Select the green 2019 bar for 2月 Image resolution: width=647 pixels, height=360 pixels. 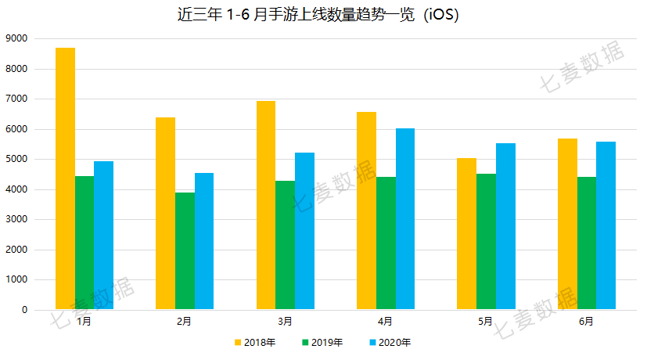click(x=185, y=250)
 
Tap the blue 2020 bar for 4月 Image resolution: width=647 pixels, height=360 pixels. click(x=404, y=219)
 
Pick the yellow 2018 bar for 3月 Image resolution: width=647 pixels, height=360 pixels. click(x=266, y=205)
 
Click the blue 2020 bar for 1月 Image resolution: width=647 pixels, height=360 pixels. click(x=103, y=235)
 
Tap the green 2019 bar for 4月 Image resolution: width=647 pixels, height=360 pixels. click(x=386, y=243)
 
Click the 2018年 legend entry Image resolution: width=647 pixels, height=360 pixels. click(x=255, y=342)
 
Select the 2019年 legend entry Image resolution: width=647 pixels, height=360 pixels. click(x=322, y=342)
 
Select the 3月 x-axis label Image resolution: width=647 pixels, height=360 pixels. click(x=285, y=322)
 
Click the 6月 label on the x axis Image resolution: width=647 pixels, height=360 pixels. click(x=586, y=322)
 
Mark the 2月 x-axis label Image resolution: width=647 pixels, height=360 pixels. click(x=185, y=322)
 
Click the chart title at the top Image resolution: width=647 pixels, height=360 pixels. click(x=323, y=15)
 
